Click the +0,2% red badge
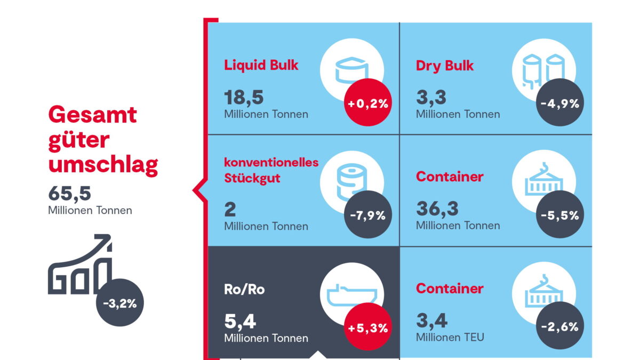click(367, 104)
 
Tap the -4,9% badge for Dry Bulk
click(559, 104)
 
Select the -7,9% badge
click(367, 216)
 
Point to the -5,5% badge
click(559, 216)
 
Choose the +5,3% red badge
click(367, 327)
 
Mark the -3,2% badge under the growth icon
click(120, 304)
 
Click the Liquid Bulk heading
click(261, 65)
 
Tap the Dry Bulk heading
click(445, 65)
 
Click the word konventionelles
click(271, 162)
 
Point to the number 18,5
click(244, 98)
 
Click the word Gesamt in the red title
click(92, 114)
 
